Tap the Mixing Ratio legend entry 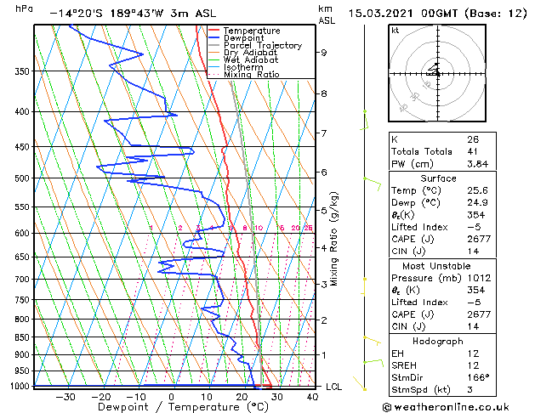pos(251,75)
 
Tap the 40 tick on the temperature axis pos(313,396)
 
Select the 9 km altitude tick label pos(324,53)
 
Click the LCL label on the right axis pos(334,387)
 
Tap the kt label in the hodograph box pos(396,30)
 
